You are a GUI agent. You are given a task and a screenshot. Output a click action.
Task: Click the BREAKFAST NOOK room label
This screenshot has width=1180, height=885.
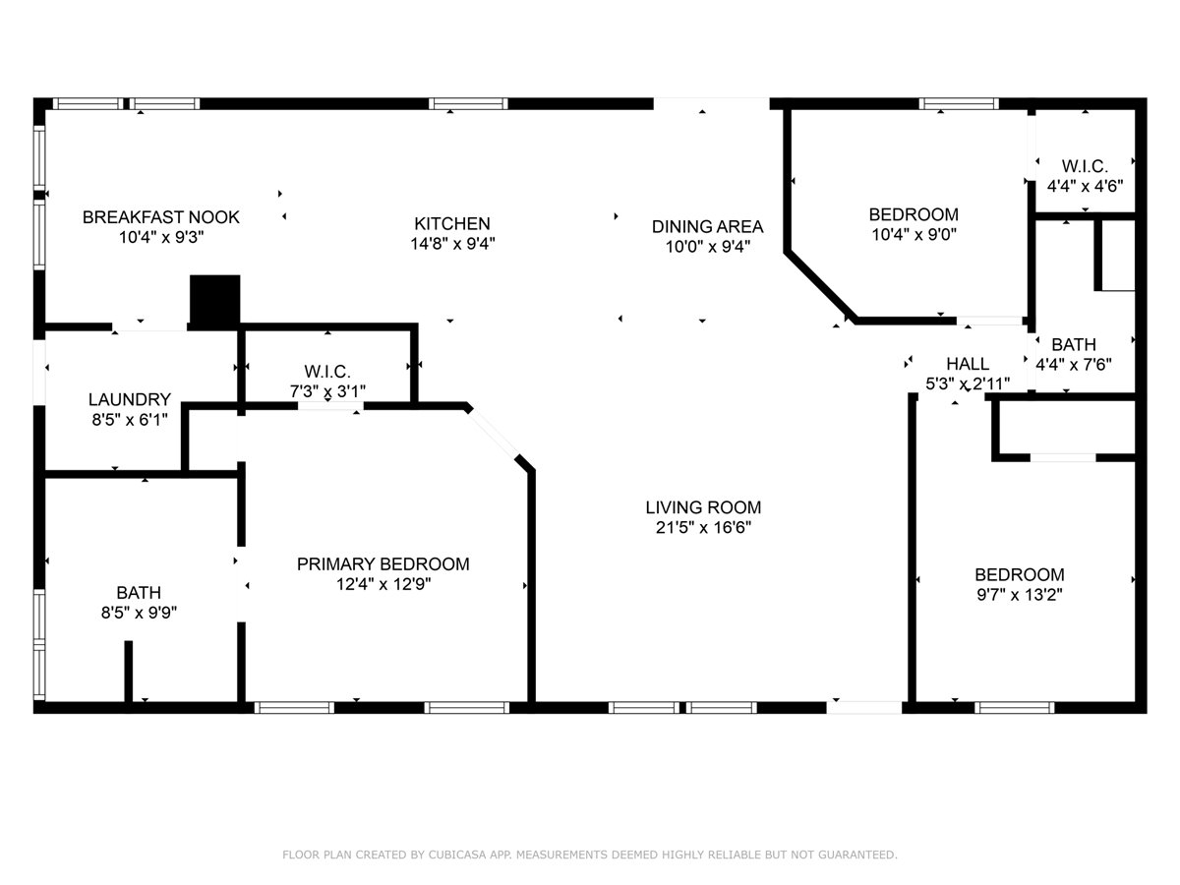pos(160,217)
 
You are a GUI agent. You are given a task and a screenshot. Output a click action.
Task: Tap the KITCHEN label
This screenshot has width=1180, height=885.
pos(452,223)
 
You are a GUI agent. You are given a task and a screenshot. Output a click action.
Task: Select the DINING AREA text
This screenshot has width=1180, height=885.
pos(707,227)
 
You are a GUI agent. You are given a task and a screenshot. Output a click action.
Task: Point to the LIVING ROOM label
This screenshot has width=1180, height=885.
pos(703,507)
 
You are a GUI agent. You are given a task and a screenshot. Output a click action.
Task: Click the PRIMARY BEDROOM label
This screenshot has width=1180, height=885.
pos(383,564)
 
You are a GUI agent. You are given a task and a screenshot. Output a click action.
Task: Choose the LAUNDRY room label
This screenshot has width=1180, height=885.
pos(130,399)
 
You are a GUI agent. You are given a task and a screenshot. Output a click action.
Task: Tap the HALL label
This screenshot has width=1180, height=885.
pos(968,364)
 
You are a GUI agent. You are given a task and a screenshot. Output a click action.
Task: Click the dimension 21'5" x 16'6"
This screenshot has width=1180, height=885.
pos(703,527)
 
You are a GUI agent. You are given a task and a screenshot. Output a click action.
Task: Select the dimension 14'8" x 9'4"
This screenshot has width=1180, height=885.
pos(452,244)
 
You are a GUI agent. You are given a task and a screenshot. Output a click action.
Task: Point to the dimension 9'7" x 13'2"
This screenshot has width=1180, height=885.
pos(1020,595)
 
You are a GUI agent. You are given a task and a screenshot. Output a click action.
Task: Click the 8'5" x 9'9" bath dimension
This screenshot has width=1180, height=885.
pos(140,612)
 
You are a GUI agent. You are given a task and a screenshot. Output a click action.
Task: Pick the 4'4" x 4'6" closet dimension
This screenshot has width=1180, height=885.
pos(1085,186)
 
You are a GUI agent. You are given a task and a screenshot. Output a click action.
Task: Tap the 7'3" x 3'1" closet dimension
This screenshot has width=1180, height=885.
pos(327,391)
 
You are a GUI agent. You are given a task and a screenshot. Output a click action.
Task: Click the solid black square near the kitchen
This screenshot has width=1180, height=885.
pos(215,301)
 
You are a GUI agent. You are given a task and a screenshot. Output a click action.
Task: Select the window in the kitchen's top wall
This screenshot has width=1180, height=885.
pos(468,103)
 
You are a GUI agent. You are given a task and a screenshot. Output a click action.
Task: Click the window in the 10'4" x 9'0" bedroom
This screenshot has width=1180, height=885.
pos(959,103)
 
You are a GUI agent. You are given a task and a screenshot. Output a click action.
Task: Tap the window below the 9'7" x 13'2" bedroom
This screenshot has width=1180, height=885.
pos(1015,708)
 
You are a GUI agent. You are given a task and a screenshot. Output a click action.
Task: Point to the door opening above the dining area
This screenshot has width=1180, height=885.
pos(711,103)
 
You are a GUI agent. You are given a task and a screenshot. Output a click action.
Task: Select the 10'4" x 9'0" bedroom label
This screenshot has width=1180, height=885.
pos(914,214)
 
